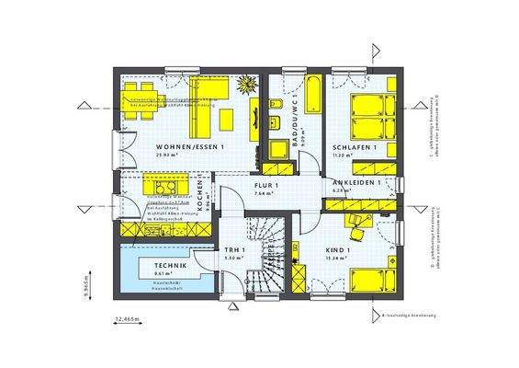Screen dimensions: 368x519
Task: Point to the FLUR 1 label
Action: point(266,186)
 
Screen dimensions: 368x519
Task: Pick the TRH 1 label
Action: point(233,249)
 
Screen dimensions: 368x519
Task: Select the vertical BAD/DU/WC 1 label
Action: point(297,121)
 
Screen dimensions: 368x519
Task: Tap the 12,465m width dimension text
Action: point(129,318)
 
